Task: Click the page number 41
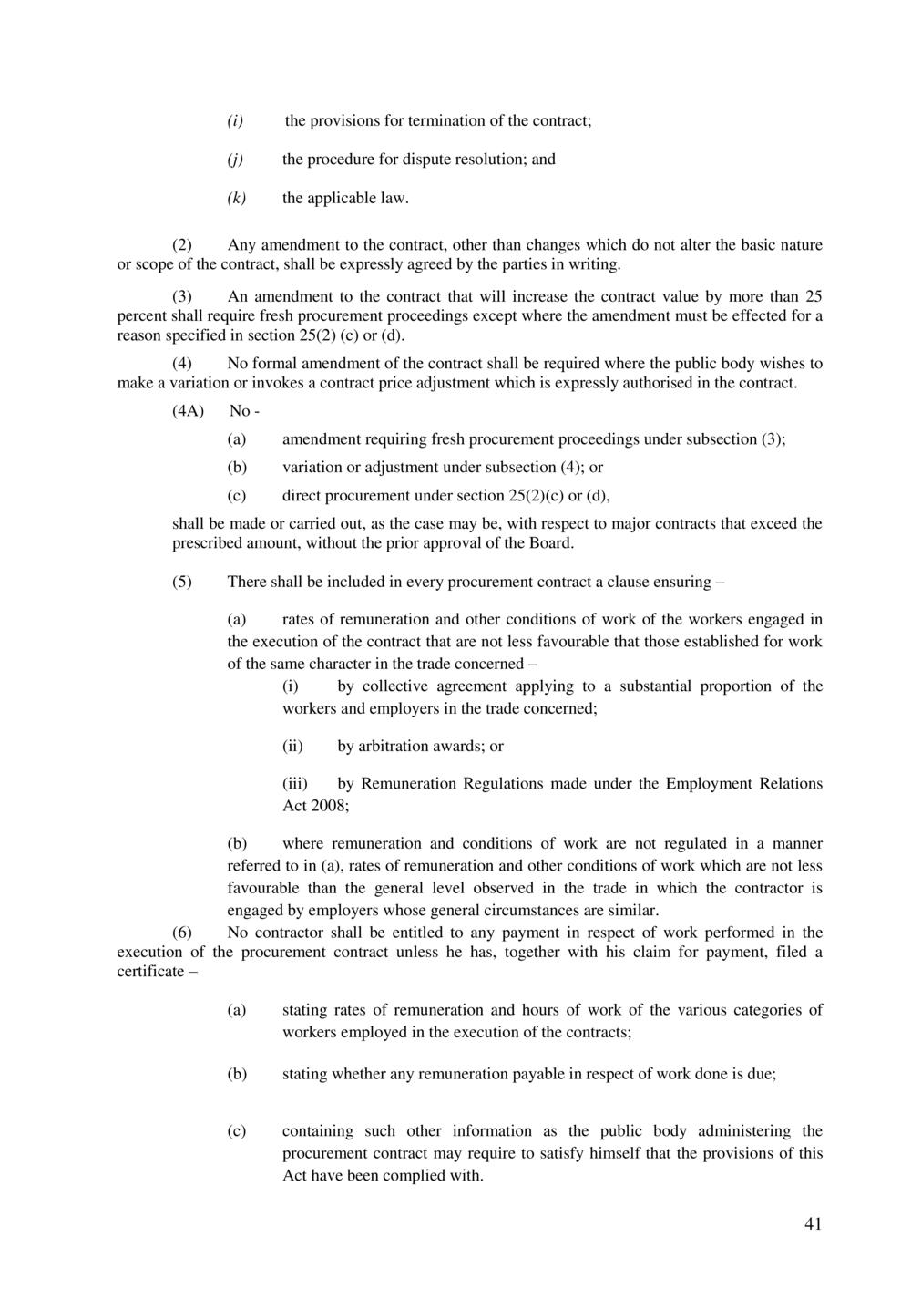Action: coord(814,1224)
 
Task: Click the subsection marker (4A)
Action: coord(188,411)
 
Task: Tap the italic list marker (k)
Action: coord(236,198)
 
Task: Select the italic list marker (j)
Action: coord(235,160)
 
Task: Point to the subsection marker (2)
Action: coord(183,245)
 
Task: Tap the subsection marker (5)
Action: coord(183,582)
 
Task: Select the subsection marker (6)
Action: coord(183,933)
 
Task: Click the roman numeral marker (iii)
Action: coord(295,784)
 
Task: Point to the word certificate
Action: coord(150,972)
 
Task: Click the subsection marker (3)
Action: coord(183,296)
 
